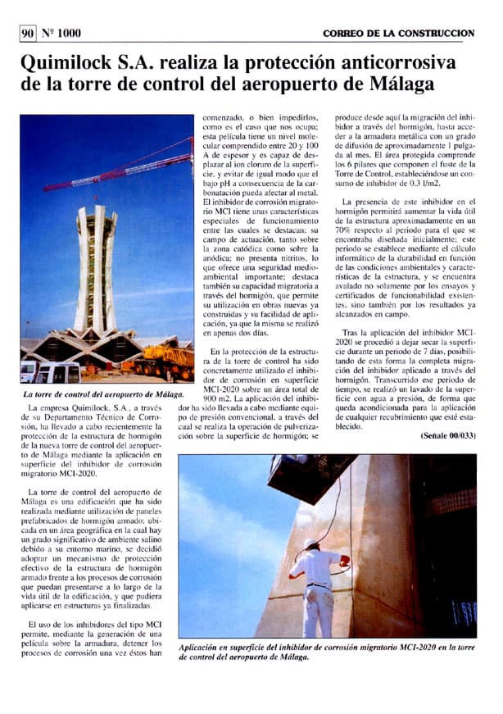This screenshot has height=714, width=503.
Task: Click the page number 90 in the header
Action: click(27, 33)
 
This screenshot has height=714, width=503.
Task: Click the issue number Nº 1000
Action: click(61, 33)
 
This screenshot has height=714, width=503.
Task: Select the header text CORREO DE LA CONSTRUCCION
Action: click(398, 33)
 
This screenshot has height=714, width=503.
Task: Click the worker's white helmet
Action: click(312, 543)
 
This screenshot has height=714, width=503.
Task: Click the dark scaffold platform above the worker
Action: click(311, 475)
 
